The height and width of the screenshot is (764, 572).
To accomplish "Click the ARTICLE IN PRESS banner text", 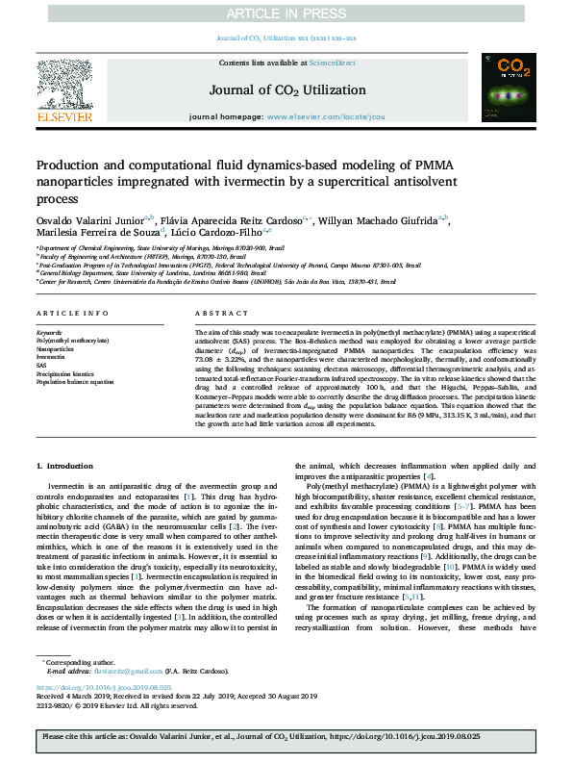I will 286,13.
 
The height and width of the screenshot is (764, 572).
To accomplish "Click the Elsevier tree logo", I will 65,91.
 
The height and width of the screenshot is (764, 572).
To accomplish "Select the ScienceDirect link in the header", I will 333,63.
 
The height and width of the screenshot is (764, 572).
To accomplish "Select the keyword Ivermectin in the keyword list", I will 51,356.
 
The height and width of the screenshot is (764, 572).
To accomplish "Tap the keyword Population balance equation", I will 75,382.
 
